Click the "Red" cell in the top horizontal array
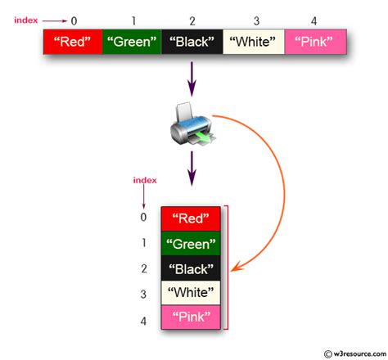coord(73,42)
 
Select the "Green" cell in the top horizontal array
coord(131,42)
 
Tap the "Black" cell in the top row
coord(192,42)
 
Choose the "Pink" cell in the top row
coord(315,42)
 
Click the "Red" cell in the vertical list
coord(191,218)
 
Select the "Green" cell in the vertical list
coord(191,243)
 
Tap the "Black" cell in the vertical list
coord(191,268)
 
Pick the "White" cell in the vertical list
coord(191,292)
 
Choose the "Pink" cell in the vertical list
coord(191,317)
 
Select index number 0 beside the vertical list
coord(144,218)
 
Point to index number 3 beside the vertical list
coord(144,295)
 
